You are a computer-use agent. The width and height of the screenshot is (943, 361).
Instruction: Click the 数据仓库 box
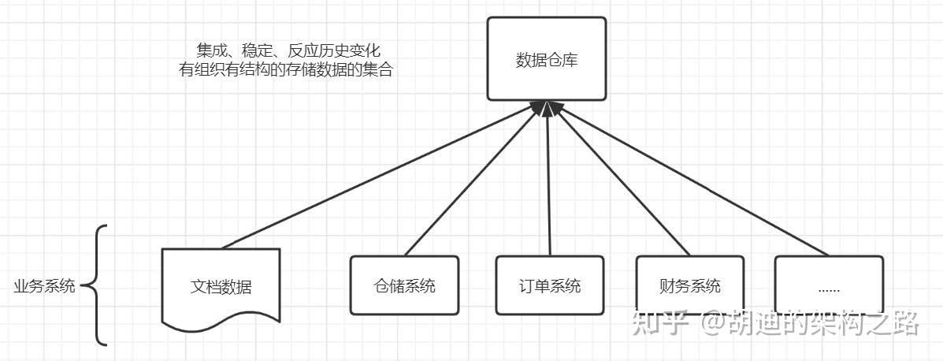click(x=546, y=58)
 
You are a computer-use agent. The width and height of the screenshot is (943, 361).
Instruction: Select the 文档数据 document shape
click(x=221, y=287)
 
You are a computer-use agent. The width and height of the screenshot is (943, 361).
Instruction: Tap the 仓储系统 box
click(x=404, y=285)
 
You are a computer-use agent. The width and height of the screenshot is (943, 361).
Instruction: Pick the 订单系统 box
click(x=550, y=285)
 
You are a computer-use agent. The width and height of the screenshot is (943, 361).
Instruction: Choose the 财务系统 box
click(x=690, y=285)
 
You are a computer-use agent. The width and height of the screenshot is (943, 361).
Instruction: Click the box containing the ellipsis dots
click(x=829, y=285)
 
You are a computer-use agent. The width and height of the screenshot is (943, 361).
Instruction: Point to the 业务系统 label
click(x=44, y=286)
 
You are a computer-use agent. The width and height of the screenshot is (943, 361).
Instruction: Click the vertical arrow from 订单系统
click(x=548, y=179)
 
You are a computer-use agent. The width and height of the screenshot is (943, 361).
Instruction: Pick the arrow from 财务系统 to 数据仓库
click(x=622, y=179)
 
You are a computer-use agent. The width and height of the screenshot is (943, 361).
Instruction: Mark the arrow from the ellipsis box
click(x=692, y=179)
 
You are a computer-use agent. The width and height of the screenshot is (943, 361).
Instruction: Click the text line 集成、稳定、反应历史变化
click(x=288, y=50)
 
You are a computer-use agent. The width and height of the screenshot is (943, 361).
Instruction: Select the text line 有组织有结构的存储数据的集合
click(x=286, y=70)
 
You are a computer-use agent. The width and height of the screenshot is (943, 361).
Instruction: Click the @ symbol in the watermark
click(x=711, y=323)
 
